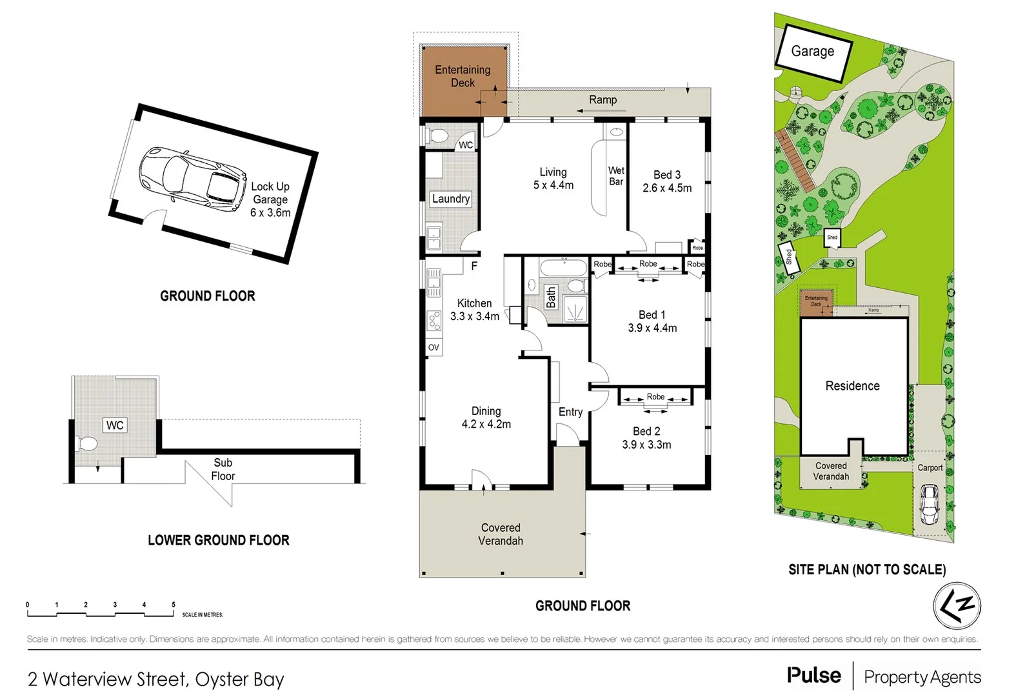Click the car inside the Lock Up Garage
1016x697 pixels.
point(193,179)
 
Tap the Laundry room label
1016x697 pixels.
point(450,199)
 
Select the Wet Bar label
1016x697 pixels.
point(616,176)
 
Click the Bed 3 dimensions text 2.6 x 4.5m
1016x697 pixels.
point(666,188)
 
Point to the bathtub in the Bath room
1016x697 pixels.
point(563,267)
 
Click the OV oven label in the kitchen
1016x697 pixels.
point(433,347)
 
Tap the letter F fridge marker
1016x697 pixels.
point(474,266)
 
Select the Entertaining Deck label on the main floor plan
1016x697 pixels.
point(463,76)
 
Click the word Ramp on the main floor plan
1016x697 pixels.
point(603,99)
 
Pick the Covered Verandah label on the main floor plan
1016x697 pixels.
point(501,534)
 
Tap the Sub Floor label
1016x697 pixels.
point(223,469)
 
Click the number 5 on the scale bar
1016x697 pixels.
point(173,605)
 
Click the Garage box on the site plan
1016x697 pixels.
point(813,52)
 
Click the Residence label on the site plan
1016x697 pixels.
point(852,386)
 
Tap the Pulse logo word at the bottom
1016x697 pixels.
point(813,675)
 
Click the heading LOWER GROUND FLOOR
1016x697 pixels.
point(218,540)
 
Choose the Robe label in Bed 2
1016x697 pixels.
point(655,396)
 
